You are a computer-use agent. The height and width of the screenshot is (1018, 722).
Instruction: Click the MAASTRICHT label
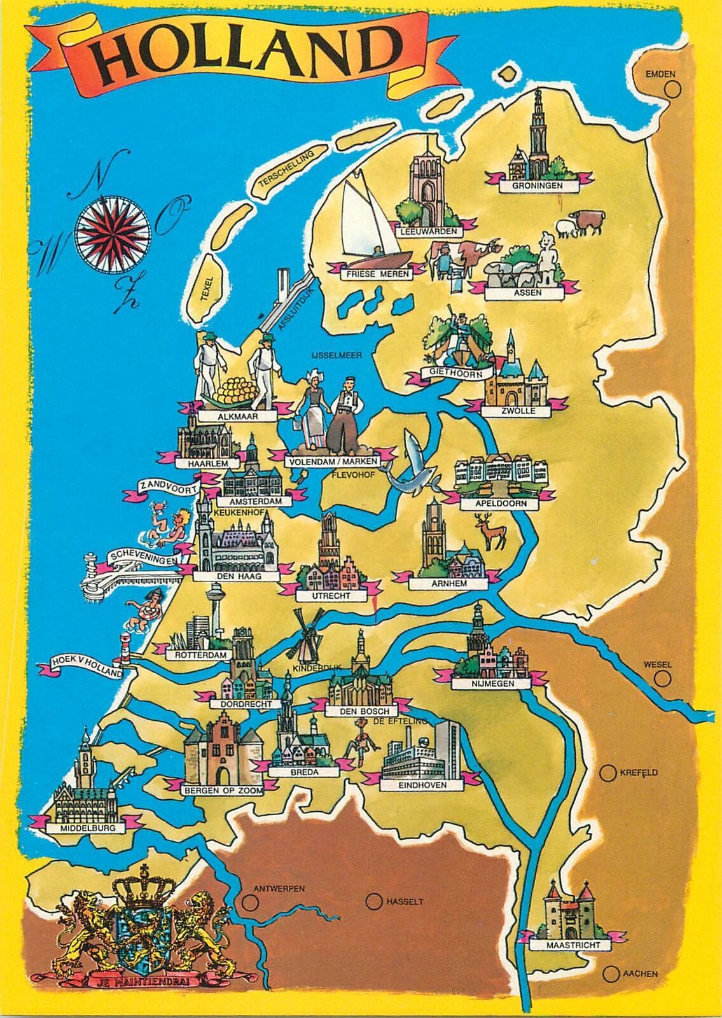pos(573,945)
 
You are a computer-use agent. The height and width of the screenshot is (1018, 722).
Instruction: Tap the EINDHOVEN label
pos(422,785)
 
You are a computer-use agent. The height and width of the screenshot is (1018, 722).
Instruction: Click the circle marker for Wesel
pos(663,679)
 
